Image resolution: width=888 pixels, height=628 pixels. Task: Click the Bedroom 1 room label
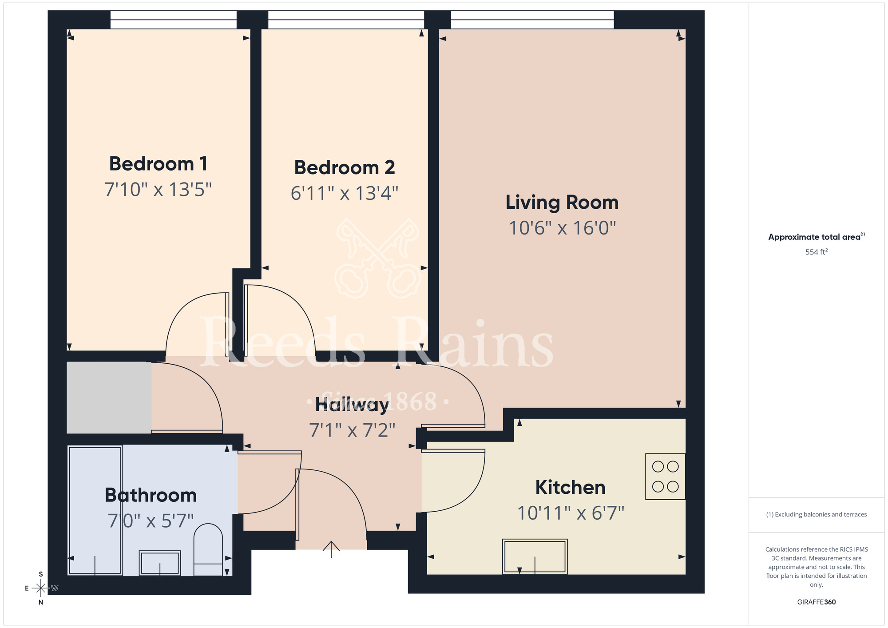coord(158,164)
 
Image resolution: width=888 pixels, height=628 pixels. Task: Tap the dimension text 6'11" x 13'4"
coord(344,194)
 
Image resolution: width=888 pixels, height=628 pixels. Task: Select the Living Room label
coord(562,203)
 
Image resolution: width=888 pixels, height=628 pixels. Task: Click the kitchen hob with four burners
coord(665,477)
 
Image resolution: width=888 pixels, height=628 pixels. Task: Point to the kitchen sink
coord(535,556)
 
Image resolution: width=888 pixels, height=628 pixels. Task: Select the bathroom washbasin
coord(160,563)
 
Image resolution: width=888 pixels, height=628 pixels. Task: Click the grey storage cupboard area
coord(109,397)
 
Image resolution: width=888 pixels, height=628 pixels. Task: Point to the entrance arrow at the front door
coord(331,549)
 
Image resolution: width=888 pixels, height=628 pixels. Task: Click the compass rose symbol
coord(41,588)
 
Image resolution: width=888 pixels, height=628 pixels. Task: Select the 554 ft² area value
coord(816,252)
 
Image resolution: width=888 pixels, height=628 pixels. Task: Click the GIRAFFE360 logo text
coord(816,602)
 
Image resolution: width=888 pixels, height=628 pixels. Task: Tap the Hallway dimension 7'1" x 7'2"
coord(352,430)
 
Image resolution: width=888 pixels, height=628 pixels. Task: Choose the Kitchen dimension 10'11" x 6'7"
coord(571,513)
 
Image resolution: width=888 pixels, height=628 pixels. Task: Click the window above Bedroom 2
coord(346,20)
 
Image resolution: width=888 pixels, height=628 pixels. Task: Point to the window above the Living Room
coord(532,20)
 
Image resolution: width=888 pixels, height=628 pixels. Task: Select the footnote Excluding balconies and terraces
coord(816,515)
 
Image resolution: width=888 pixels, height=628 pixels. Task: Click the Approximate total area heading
coord(816,237)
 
